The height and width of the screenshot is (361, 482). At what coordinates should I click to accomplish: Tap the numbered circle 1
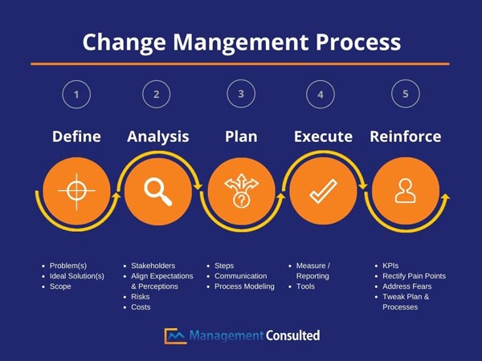76,95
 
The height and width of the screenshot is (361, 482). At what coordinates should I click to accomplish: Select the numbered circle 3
241,94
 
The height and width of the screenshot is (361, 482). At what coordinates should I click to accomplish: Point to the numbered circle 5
405,94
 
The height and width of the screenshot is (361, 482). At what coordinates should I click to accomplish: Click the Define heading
76,136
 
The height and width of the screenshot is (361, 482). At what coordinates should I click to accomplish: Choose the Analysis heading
158,136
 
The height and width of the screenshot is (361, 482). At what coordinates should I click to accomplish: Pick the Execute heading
323,136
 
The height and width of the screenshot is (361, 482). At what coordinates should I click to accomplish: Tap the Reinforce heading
405,136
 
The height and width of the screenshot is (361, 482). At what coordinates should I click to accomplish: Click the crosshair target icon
76,190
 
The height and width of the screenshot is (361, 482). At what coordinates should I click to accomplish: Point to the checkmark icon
323,190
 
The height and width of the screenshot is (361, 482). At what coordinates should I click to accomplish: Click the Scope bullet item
60,286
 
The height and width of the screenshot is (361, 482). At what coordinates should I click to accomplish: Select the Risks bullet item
141,297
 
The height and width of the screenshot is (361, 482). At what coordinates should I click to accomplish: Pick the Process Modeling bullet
244,286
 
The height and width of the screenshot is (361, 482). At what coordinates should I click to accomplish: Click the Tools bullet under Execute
306,286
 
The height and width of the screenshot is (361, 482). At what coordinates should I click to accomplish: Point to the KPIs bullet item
391,266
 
